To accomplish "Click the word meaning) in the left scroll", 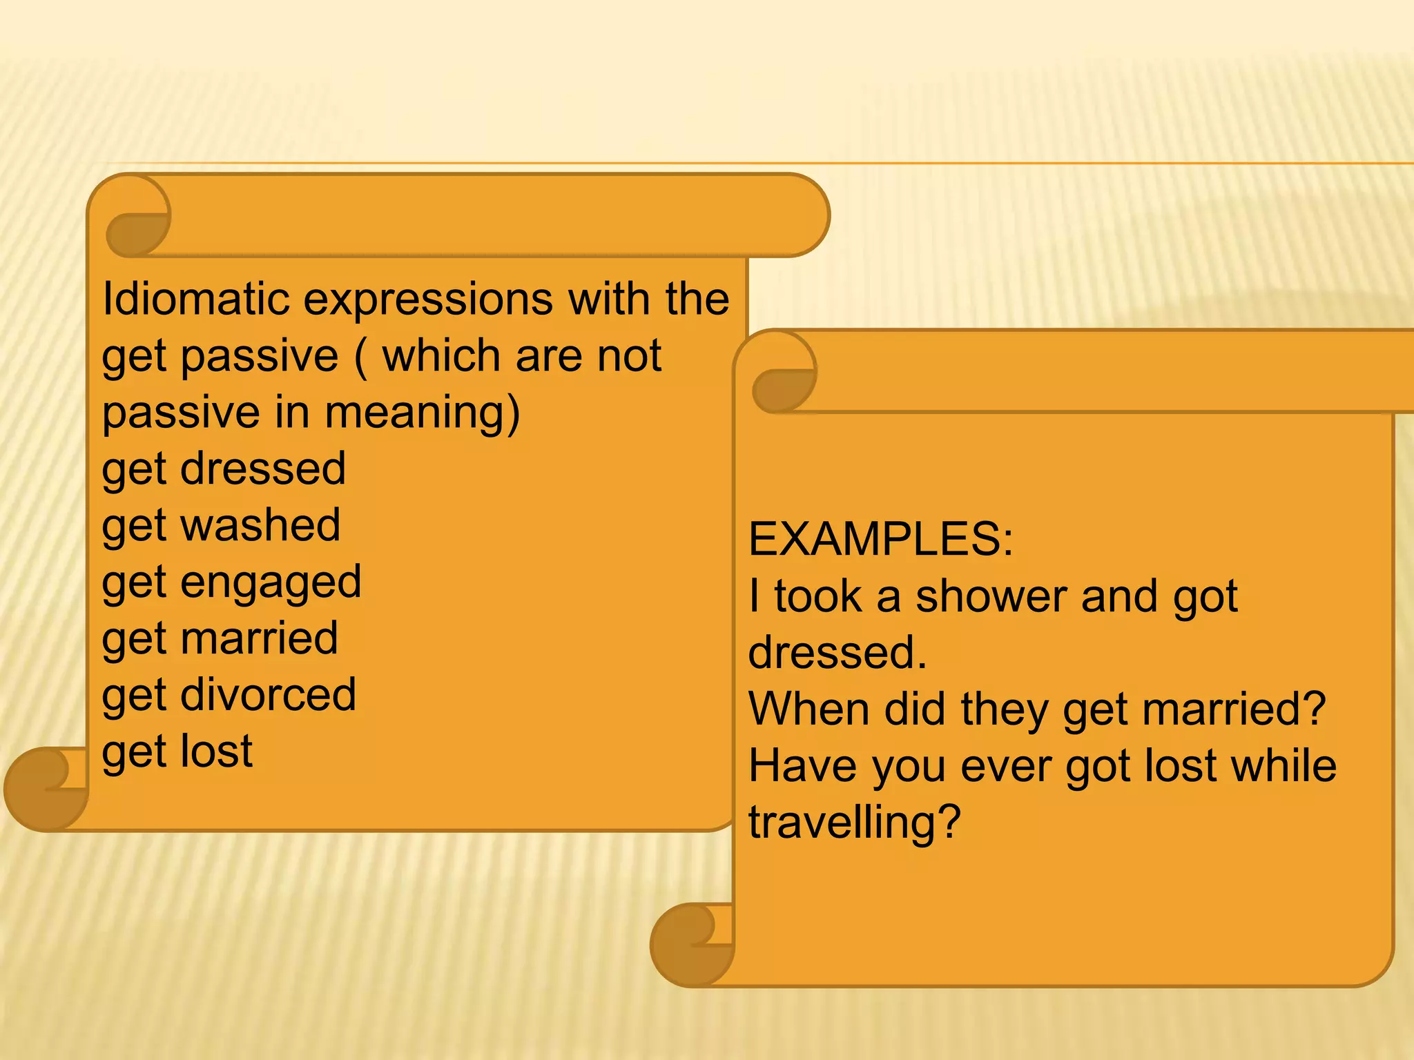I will (x=421, y=413).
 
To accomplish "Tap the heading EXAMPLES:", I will (x=880, y=539).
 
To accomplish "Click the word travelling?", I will (x=855, y=823).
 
